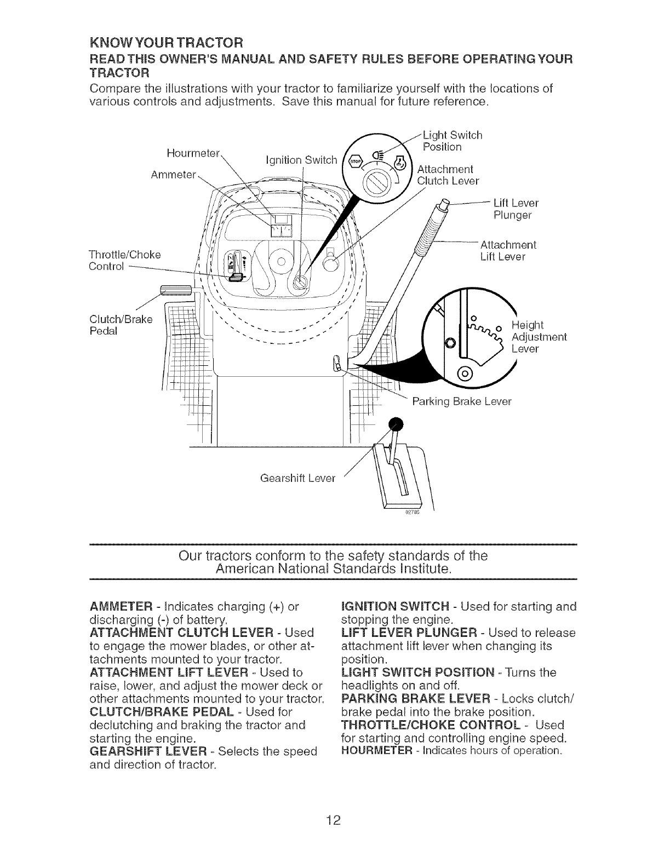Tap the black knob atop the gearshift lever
[x=395, y=423]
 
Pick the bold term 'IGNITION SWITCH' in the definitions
[x=395, y=607]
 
